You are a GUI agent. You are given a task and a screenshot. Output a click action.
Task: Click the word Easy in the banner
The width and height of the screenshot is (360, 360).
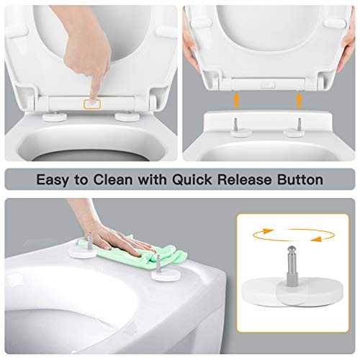coord(58,179)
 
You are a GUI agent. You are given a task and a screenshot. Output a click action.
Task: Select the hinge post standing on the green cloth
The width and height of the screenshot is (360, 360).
coord(156,263)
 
